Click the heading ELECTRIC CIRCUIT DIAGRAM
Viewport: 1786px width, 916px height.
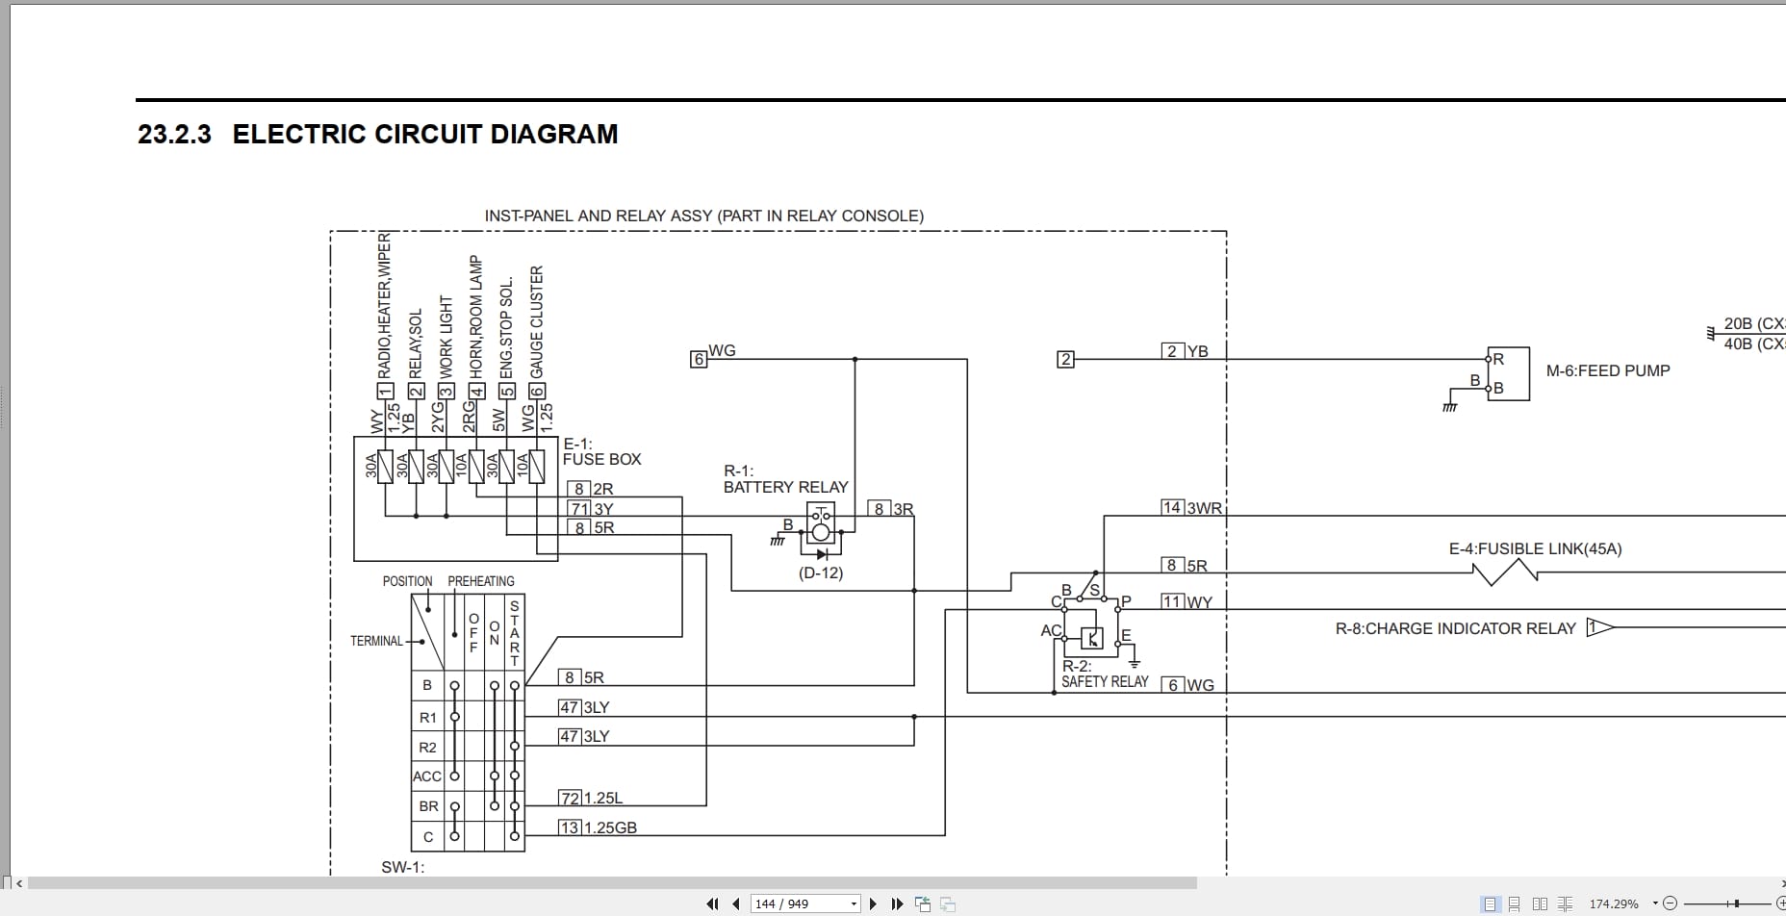click(424, 134)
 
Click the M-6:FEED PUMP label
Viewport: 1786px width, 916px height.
click(1607, 370)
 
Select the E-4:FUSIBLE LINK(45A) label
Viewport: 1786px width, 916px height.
click(1535, 548)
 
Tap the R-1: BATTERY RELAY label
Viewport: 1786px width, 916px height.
click(785, 479)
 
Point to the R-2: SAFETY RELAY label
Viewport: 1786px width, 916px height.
click(1104, 674)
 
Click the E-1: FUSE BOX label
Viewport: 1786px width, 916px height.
click(601, 451)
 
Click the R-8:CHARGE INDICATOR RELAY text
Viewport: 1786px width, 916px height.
click(1455, 628)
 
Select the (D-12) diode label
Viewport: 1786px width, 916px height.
click(820, 572)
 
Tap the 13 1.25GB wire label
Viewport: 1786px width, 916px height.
click(599, 827)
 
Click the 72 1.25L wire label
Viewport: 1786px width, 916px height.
click(592, 798)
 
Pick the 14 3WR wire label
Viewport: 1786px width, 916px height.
click(1191, 507)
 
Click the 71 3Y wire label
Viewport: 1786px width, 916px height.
click(592, 508)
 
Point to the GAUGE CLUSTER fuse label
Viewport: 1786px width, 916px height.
click(536, 322)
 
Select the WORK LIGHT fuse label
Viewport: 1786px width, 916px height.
click(446, 337)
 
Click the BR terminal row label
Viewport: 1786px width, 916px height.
click(428, 806)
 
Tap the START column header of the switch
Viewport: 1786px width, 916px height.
click(514, 632)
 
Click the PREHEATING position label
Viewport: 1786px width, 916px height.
click(480, 581)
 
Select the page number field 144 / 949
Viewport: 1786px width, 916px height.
click(804, 903)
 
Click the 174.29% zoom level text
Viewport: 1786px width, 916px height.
click(1614, 903)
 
